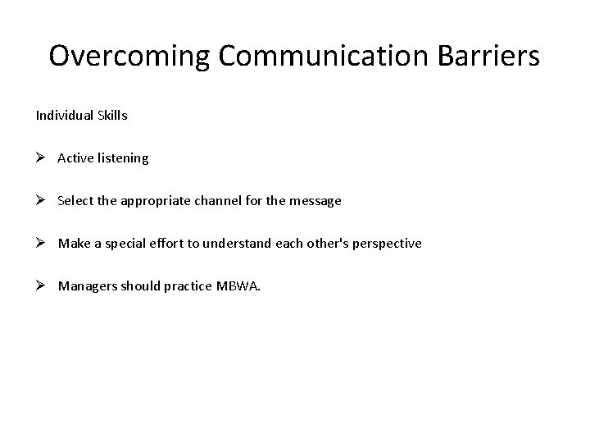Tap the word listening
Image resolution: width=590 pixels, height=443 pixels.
123,158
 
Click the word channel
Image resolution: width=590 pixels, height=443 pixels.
217,201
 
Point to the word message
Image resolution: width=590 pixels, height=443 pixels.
315,201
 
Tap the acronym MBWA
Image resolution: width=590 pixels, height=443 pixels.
238,286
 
